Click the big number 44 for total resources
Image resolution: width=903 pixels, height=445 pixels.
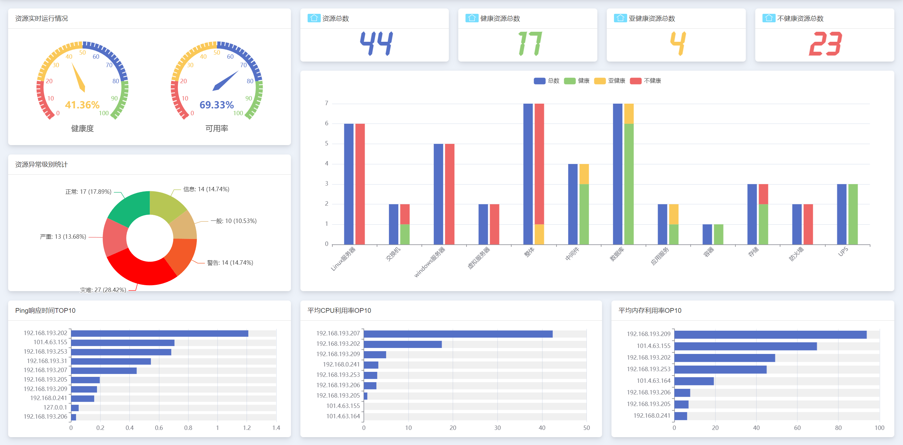376,43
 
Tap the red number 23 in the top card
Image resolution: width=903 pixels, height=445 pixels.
825,43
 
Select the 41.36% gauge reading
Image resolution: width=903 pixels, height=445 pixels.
82,105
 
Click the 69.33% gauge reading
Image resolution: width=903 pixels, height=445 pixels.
216,105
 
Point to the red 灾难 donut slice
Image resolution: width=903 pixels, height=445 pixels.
140,268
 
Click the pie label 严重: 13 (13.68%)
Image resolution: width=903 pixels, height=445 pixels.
63,237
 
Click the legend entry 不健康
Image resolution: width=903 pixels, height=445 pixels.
646,81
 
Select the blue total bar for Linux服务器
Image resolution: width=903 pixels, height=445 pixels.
348,184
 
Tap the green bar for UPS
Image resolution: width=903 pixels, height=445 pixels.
853,214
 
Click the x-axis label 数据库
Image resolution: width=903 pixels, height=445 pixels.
617,254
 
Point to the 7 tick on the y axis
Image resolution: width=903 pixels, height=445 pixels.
327,103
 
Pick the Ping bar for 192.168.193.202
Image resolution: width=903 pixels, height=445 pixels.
159,334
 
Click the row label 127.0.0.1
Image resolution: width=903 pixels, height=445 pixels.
55,407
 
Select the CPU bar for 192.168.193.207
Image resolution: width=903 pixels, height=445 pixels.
458,334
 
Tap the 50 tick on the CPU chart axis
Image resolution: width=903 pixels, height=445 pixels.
586,428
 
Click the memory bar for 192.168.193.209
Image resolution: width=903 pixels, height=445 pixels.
770,334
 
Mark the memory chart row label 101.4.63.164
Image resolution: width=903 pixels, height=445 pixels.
653,381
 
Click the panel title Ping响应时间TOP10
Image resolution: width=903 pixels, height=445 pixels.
45,311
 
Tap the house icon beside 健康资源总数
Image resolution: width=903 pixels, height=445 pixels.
471,18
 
